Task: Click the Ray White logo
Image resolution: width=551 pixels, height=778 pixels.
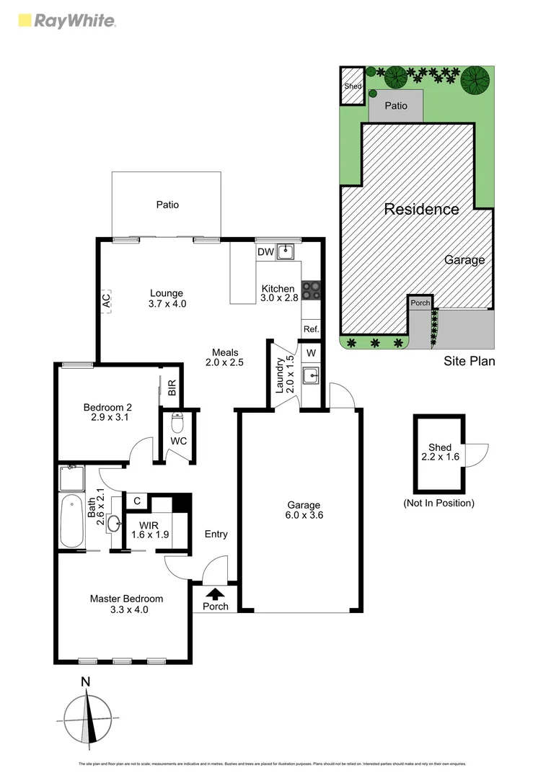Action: tap(66, 20)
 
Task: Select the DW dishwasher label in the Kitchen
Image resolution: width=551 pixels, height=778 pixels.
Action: tap(265, 252)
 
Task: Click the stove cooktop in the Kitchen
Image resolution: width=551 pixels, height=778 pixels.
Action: tap(311, 290)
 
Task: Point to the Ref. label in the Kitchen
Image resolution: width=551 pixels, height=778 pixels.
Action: tap(311, 328)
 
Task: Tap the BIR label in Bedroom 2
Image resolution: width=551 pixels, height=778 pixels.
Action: tap(172, 390)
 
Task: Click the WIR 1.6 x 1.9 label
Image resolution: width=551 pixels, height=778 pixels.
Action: tap(149, 529)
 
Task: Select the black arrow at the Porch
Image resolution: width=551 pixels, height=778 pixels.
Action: tap(215, 594)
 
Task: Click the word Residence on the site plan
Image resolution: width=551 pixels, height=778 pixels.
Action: tap(421, 210)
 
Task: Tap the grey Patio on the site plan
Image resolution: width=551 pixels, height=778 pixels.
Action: tap(395, 106)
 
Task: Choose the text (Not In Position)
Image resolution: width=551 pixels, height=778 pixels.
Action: tap(438, 503)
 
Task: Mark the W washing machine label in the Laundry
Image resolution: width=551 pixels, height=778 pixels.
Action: tap(311, 353)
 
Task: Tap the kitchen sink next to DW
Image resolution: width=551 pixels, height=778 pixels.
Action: tap(286, 251)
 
